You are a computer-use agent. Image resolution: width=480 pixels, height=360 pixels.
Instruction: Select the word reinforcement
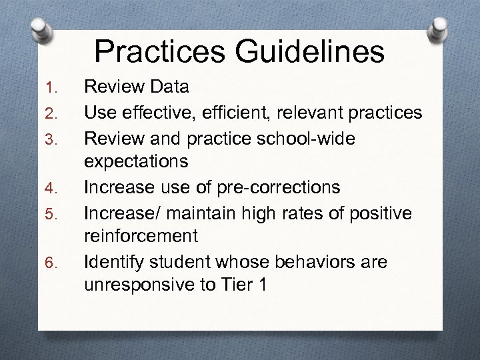click(x=141, y=237)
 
